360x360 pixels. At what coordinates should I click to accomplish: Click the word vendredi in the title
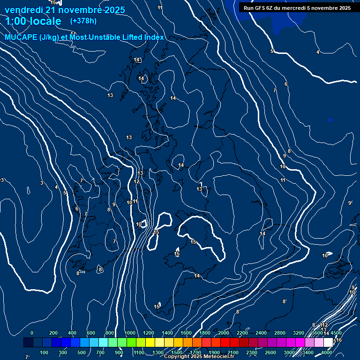(x=23, y=10)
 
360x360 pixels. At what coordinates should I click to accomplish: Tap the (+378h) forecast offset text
(x=83, y=21)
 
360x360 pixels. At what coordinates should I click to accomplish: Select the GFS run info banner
(x=297, y=7)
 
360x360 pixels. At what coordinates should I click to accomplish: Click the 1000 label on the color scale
(x=130, y=333)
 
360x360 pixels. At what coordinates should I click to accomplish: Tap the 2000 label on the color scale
(x=224, y=333)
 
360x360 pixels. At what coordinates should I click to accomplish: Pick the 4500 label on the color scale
(x=336, y=333)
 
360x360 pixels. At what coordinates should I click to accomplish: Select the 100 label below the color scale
(x=45, y=352)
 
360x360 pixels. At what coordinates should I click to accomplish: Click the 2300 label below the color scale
(x=251, y=352)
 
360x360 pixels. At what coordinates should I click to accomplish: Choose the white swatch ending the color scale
(x=328, y=343)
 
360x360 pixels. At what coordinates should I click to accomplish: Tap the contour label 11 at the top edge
(x=160, y=7)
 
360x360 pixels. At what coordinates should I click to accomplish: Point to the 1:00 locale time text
(x=33, y=21)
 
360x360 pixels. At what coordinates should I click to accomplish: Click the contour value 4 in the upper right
(x=318, y=52)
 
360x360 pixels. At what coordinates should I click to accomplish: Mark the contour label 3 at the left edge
(x=2, y=180)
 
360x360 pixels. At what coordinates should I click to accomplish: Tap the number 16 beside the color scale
(x=339, y=340)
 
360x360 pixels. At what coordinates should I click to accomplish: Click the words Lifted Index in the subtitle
(x=144, y=37)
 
